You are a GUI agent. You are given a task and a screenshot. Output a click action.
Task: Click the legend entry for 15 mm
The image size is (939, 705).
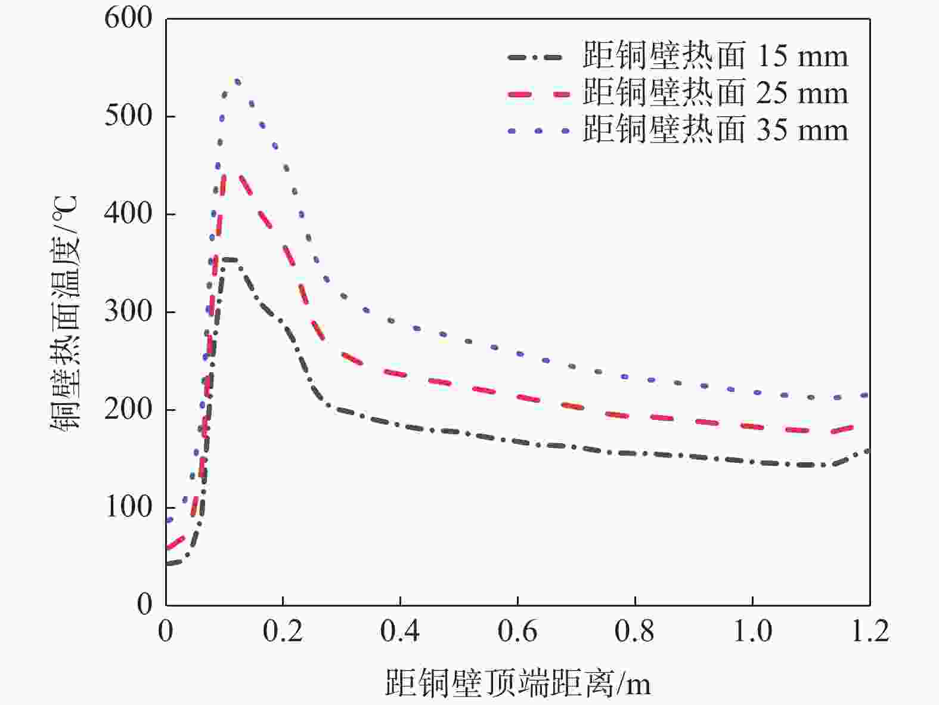[x=714, y=57]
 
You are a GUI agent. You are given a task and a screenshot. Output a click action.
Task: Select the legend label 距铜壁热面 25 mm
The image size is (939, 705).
[x=714, y=94]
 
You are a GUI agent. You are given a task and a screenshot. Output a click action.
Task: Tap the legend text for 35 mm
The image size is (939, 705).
[x=714, y=130]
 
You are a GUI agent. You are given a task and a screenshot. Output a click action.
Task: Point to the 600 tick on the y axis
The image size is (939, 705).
[x=128, y=18]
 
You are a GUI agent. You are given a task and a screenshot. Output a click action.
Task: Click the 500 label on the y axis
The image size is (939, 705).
[x=128, y=116]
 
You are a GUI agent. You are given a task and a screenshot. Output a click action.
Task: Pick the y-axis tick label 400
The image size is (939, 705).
[x=128, y=214]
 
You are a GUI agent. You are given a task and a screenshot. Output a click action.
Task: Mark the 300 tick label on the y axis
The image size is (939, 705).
[x=128, y=311]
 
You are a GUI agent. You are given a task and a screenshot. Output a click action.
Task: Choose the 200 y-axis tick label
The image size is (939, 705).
[x=128, y=409]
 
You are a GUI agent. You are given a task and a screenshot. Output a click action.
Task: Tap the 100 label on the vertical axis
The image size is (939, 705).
[x=128, y=507]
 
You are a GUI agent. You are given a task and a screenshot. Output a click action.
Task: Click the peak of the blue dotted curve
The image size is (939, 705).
[x=237, y=81]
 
